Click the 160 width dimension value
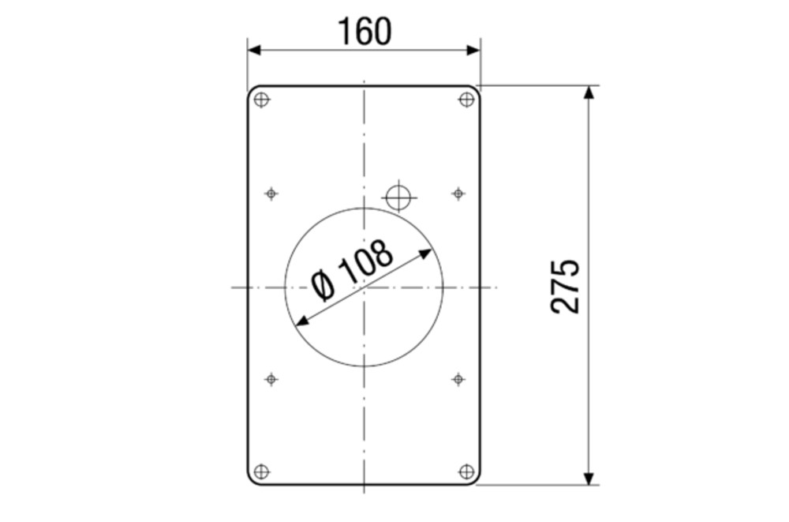[365, 32]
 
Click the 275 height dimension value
[565, 287]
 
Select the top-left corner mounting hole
[261, 100]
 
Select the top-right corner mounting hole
[467, 100]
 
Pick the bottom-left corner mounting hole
[261, 471]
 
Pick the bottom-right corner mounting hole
[467, 471]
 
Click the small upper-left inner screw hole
[271, 193]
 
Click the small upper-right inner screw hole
[458, 193]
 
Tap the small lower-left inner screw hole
[271, 379]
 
